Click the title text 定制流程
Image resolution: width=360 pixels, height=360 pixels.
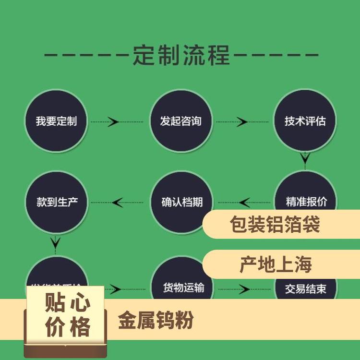[x=181, y=55]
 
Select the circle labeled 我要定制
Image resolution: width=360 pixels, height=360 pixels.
[x=56, y=121]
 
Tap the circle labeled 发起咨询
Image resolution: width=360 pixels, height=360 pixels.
[x=181, y=121]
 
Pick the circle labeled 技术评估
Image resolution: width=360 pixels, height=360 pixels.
[x=305, y=121]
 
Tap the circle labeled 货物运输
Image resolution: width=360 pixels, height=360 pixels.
[x=181, y=283]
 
